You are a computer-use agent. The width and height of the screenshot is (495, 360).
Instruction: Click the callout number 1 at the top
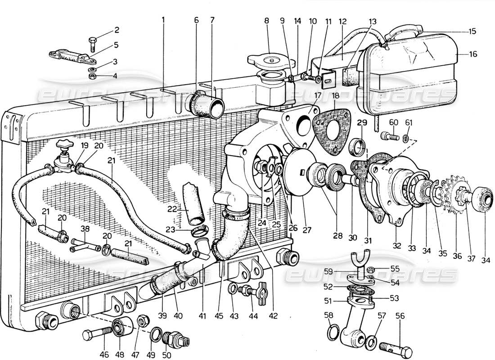pos(163,20)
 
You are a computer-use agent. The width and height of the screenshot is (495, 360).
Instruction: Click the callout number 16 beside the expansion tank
pos(472,54)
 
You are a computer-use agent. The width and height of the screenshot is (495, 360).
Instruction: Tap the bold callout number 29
pos(362,122)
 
